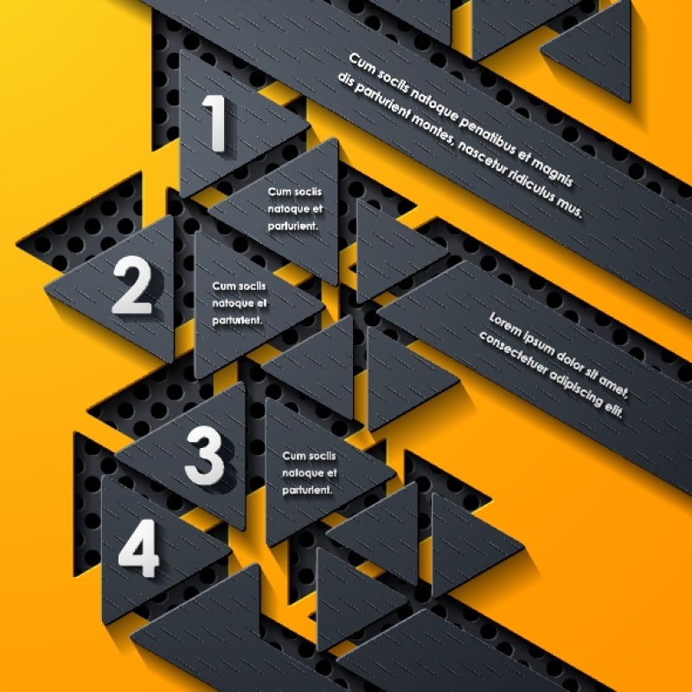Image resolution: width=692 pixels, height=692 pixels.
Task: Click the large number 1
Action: (x=215, y=123)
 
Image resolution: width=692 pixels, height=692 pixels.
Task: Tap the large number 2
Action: (x=132, y=285)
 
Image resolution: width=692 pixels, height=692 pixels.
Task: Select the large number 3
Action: (x=204, y=456)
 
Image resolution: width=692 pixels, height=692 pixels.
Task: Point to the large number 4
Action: (x=138, y=548)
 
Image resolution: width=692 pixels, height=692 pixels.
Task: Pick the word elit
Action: (x=613, y=409)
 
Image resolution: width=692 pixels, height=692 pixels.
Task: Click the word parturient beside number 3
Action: (x=307, y=490)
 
